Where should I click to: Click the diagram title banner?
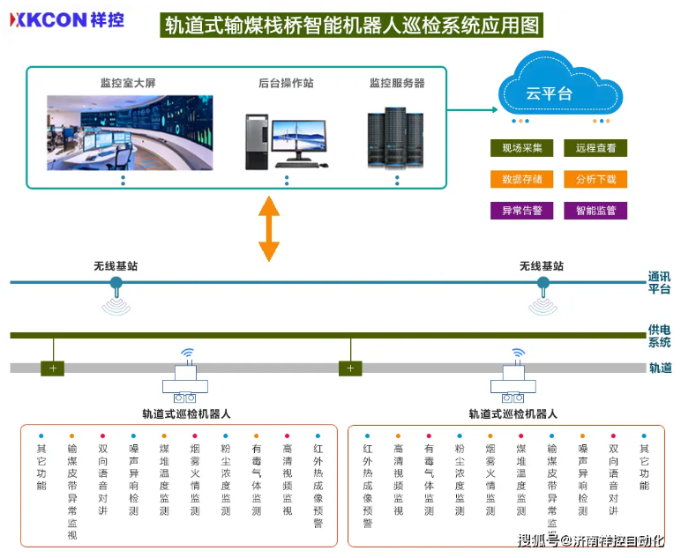[351, 24]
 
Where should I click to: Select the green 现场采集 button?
[522, 148]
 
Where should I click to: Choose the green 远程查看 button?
[595, 148]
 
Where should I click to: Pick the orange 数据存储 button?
[522, 179]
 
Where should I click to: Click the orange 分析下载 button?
[595, 179]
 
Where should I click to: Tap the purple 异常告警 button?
[522, 211]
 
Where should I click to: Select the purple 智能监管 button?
[595, 211]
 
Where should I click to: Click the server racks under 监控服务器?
[397, 138]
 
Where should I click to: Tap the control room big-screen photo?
[130, 132]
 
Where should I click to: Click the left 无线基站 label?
[116, 265]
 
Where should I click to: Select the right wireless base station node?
[543, 283]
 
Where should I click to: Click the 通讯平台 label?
[659, 282]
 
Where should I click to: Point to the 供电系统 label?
[659, 335]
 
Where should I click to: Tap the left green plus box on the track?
[52, 368]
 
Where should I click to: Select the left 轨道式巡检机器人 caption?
[186, 413]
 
